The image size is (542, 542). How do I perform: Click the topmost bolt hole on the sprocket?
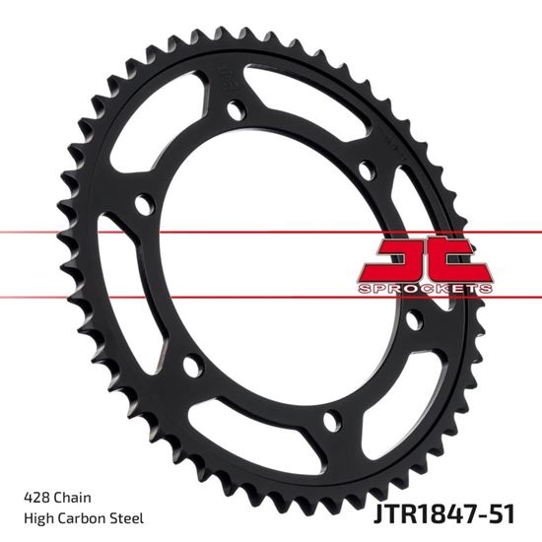[235, 110]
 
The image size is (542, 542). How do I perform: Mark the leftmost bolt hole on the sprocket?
[145, 207]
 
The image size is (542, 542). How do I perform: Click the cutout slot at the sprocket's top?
[305, 90]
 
